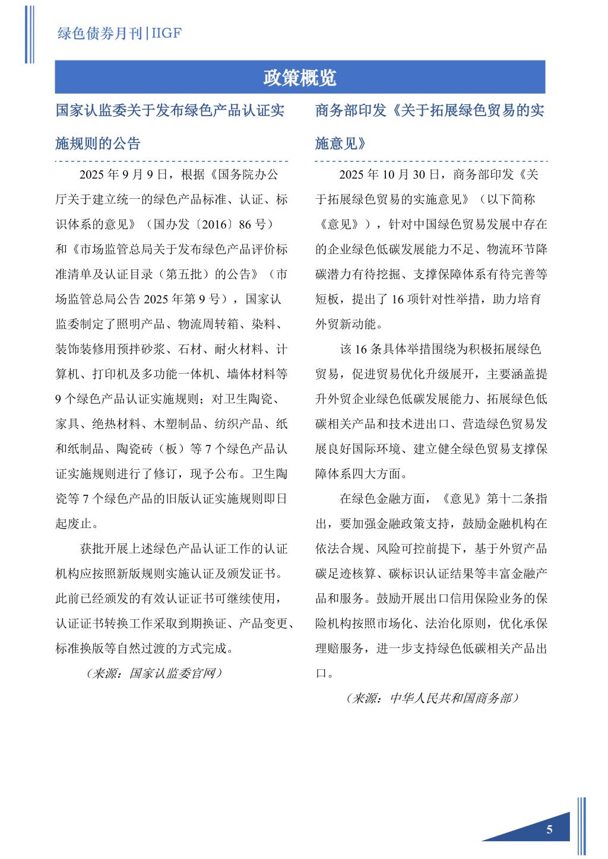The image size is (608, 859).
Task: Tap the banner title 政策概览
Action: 300,78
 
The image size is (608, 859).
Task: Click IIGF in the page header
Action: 166,33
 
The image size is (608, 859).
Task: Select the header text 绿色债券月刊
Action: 100,33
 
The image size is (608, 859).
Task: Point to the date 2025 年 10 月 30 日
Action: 389,174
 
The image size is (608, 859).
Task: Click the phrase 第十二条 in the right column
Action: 511,499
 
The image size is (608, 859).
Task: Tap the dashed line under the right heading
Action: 431,161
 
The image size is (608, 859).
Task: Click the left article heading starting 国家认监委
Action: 169,111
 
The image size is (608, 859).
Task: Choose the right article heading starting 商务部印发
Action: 429,111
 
